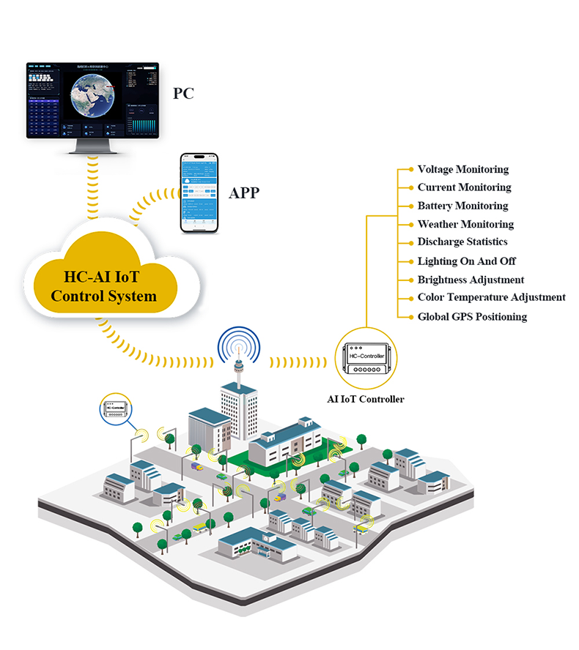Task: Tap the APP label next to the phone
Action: coord(244,193)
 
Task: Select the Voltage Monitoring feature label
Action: coord(462,169)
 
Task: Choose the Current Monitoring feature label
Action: coord(464,187)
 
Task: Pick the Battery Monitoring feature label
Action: coord(462,206)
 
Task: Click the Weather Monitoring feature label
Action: coord(465,224)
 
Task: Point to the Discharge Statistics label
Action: coord(462,242)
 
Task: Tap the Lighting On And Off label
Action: coord(466,261)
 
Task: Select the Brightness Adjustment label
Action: coord(471,280)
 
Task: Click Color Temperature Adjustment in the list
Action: coord(491,297)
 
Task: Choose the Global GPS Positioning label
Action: coord(472,316)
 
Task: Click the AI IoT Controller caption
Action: coord(365,399)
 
